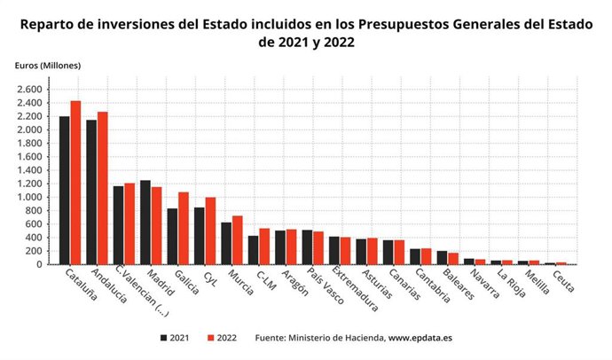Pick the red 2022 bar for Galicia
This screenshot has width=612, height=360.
point(184,228)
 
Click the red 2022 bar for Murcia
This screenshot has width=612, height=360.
point(237,240)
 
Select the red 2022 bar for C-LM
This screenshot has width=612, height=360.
point(264,247)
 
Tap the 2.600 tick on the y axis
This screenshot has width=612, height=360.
point(28,90)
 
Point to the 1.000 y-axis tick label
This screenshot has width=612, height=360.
point(28,198)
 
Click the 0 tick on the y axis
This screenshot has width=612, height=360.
point(38,265)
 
